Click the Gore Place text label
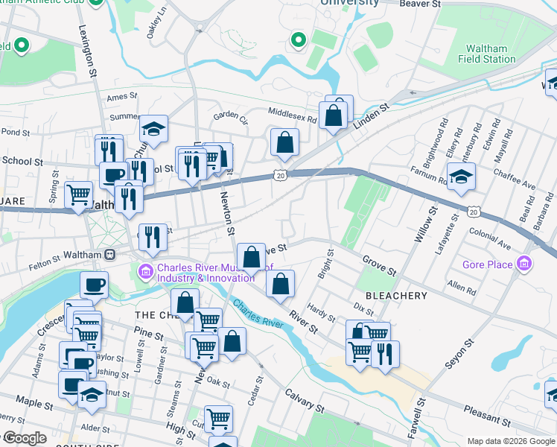click(487, 264)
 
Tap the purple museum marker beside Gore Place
click(526, 264)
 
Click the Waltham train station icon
click(109, 254)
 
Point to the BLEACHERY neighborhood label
click(396, 296)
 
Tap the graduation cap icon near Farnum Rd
click(461, 177)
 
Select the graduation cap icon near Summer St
click(154, 130)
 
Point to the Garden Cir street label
click(230, 115)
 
